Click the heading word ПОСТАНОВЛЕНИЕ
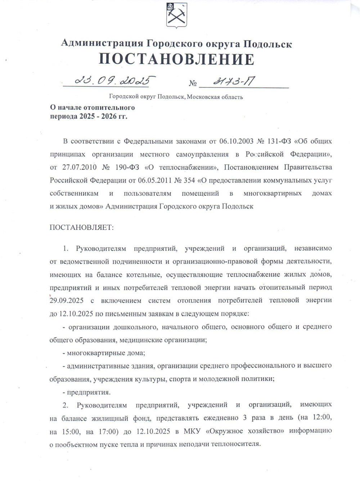(x=176, y=59)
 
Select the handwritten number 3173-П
(x=233, y=82)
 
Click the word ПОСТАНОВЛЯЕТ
(x=81, y=228)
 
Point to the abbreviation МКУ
(x=192, y=431)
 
